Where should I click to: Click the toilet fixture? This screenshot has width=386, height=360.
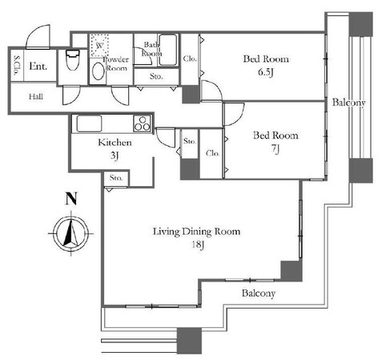(x=73, y=60)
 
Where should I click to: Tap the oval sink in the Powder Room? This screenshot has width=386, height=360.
(x=99, y=71)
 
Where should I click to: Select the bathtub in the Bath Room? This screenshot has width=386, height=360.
(x=167, y=50)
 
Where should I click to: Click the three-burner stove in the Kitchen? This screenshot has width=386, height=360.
(x=143, y=123)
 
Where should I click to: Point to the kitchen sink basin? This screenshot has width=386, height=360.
(x=89, y=123)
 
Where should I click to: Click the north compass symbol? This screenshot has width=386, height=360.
(x=71, y=233)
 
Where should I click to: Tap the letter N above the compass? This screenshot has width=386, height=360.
(x=71, y=199)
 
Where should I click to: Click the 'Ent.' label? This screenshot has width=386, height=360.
(x=38, y=66)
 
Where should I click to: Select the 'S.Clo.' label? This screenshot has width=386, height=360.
(x=17, y=66)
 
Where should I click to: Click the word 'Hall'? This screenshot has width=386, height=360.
(x=36, y=96)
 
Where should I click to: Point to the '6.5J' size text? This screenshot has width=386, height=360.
(x=266, y=72)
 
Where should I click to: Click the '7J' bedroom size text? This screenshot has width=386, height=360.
(x=275, y=149)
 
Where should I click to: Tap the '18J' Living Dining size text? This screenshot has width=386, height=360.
(x=198, y=245)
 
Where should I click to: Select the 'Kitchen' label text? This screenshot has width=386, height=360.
(x=115, y=143)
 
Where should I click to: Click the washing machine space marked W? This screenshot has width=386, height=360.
(x=99, y=45)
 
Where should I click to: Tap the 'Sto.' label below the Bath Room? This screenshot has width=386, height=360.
(x=156, y=76)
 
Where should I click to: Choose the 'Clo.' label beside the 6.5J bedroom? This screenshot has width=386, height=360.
(x=190, y=59)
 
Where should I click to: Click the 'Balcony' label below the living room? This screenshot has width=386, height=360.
(x=259, y=293)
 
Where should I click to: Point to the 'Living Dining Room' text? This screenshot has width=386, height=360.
(x=196, y=232)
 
